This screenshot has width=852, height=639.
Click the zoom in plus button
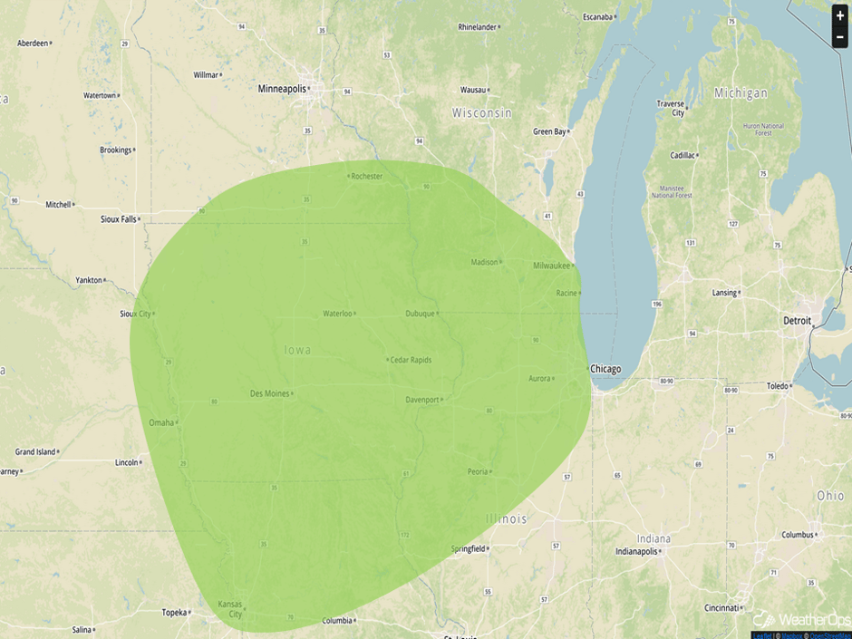coord(840,15)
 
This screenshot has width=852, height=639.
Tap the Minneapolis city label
coord(282,89)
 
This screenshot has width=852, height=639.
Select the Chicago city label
coord(605,369)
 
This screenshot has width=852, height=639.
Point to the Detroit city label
coord(799,321)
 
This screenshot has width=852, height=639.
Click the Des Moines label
coord(269,393)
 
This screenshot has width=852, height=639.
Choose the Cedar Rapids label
coord(411,360)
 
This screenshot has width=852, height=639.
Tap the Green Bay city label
coord(549,131)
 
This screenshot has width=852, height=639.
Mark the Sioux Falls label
coord(118,219)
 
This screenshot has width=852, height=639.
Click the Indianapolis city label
coord(642,551)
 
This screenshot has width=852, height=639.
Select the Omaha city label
coord(161,422)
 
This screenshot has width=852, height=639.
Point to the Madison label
coord(485,262)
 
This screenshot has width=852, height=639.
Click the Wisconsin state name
coord(482,113)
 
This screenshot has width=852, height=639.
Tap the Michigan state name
coord(741,93)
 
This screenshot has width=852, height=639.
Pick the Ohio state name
coord(830,496)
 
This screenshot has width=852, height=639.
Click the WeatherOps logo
coord(802,619)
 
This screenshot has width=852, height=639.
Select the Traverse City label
coord(671,108)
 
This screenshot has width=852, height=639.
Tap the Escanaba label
coord(597,16)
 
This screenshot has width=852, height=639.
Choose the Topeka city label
coord(174,613)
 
